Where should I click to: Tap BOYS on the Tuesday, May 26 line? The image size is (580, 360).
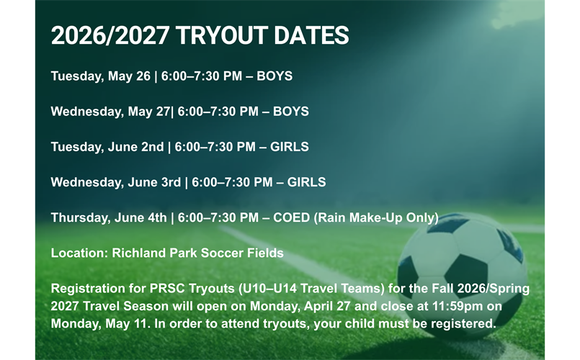point(275,76)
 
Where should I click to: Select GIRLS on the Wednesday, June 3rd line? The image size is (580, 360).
point(306,182)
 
